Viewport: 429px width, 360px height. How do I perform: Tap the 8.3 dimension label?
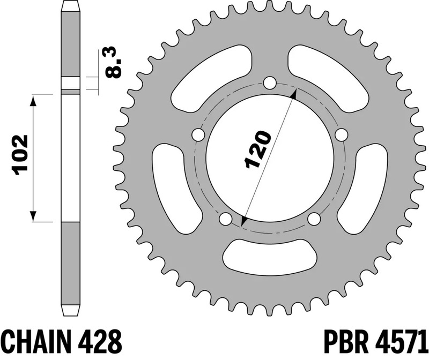115,63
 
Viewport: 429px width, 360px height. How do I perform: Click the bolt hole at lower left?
225,219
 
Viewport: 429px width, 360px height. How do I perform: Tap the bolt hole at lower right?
314,219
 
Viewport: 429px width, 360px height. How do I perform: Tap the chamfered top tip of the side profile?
71,7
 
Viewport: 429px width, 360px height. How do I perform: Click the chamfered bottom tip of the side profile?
71,312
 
